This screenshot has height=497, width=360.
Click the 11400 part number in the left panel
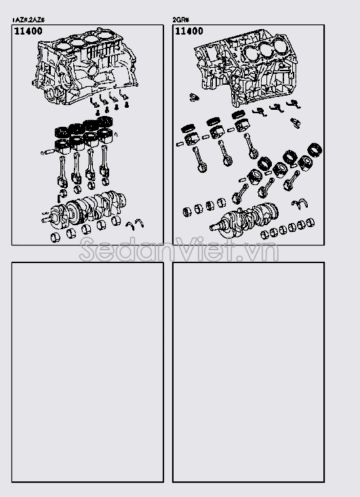point(28,32)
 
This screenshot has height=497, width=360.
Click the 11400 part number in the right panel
point(188,32)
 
